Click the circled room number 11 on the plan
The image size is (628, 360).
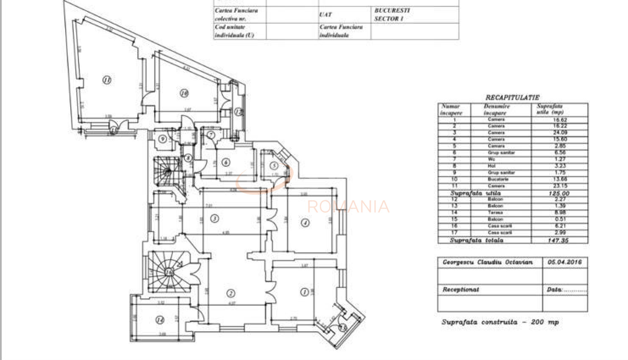click(x=107, y=80)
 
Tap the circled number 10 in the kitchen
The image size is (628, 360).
click(x=184, y=93)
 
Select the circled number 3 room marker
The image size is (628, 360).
click(x=215, y=219)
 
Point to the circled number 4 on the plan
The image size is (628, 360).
click(x=305, y=223)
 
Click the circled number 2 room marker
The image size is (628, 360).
click(x=231, y=293)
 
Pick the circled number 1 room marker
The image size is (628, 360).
click(x=304, y=292)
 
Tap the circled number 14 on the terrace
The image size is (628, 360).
click(x=160, y=320)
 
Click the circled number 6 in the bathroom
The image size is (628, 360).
click(x=226, y=162)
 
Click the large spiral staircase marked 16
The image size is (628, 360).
click(x=169, y=272)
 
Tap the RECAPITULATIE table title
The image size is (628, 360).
click(x=512, y=97)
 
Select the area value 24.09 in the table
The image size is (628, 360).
click(x=559, y=133)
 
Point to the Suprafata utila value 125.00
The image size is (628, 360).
click(x=559, y=193)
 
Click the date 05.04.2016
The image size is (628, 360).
click(x=564, y=262)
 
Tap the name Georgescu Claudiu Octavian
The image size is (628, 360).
click(x=487, y=262)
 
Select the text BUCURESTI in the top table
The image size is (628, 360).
click(x=392, y=10)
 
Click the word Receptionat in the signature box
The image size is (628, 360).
click(x=461, y=290)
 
